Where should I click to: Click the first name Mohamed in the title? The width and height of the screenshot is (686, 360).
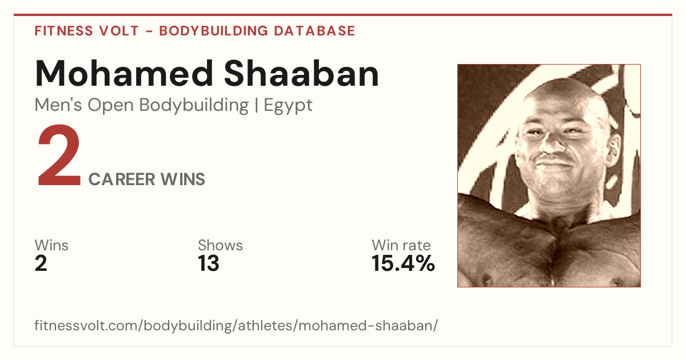(124, 74)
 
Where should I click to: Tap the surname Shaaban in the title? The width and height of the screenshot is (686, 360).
(302, 74)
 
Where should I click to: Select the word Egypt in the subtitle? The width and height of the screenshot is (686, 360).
(288, 106)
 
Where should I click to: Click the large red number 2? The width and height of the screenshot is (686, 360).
(59, 155)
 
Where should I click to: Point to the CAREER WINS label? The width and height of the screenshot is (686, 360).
(147, 179)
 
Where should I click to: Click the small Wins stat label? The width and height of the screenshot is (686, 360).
(51, 245)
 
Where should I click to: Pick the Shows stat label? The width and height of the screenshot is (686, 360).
(220, 245)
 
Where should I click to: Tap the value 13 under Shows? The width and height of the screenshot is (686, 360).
(209, 263)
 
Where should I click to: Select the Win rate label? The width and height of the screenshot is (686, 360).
(401, 245)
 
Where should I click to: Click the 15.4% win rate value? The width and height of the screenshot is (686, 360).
(403, 263)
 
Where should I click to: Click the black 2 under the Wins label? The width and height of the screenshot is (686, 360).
(41, 263)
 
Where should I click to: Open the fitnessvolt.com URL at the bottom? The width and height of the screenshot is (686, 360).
(236, 325)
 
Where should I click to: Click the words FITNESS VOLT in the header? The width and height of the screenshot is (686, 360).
(87, 31)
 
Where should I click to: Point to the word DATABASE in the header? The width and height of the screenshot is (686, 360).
(314, 31)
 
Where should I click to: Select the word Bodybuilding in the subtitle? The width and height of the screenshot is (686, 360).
(194, 106)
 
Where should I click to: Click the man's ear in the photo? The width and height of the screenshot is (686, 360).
(613, 147)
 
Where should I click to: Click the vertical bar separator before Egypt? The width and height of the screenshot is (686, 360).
(256, 106)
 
